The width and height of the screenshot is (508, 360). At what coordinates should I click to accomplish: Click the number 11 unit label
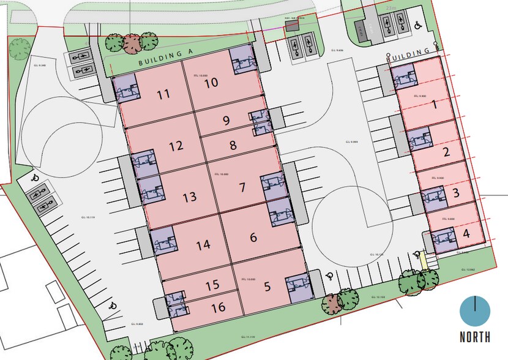click(163, 95)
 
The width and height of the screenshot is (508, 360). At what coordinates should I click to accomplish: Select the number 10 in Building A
click(211, 83)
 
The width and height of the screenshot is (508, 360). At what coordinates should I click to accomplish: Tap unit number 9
click(226, 121)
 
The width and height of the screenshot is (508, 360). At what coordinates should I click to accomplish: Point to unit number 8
click(233, 146)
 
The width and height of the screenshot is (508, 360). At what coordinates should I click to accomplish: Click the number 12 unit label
click(176, 146)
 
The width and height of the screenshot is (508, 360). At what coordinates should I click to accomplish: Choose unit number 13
click(190, 197)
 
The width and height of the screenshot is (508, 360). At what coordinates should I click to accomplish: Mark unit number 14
click(203, 245)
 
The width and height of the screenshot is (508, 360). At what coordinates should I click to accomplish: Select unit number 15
click(212, 285)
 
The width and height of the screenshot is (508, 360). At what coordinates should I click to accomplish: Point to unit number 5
click(267, 286)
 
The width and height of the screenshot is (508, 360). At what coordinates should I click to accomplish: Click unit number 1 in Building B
click(435, 104)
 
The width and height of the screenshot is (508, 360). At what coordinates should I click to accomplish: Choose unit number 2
click(446, 152)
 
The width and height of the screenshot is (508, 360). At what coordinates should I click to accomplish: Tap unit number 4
click(466, 233)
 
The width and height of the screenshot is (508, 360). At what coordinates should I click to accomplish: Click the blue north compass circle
click(476, 312)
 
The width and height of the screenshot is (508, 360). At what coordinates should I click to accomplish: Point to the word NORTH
click(476, 337)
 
